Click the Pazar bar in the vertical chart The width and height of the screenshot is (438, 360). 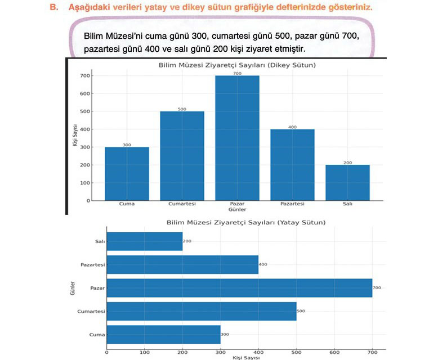[x=237, y=138]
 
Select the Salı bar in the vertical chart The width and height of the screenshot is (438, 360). [x=347, y=183]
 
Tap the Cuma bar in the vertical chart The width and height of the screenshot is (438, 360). [x=127, y=174]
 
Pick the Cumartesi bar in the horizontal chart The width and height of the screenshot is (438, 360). [x=202, y=311]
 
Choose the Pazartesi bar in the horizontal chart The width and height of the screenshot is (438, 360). [x=182, y=264]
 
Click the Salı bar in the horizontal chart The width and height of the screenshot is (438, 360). [x=145, y=241]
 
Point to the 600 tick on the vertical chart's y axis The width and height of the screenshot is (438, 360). [x=85, y=93]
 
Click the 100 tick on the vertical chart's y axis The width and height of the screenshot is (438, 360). [x=85, y=183]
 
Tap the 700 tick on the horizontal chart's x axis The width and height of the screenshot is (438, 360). [x=372, y=352]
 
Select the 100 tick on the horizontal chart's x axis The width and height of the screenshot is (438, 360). [x=145, y=352]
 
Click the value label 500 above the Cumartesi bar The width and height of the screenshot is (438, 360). [x=182, y=109]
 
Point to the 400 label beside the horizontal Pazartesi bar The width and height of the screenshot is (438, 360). [x=263, y=264]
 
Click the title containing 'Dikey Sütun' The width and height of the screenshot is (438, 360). [x=237, y=65]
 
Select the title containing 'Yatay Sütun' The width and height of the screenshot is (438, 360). [x=246, y=222]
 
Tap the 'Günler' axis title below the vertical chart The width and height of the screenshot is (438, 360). [x=237, y=209]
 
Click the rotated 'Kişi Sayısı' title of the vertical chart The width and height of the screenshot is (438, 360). [x=74, y=135]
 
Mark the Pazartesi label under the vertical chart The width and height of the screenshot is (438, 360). [x=292, y=204]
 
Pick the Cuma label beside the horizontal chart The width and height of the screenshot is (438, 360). [x=97, y=335]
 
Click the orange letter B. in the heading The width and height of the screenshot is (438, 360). [x=54, y=7]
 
